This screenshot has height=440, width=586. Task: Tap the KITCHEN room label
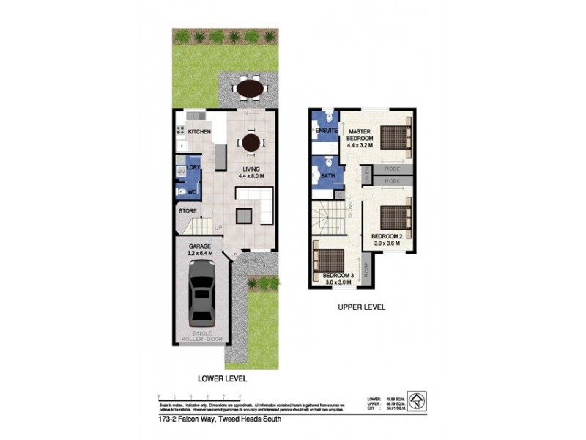pyautogui.click(x=199, y=131)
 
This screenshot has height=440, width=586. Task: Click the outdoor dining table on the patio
pyautogui.click(x=251, y=89)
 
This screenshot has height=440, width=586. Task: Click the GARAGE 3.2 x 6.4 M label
pyautogui.click(x=200, y=249)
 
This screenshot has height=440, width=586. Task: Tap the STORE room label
pyautogui.click(x=188, y=213)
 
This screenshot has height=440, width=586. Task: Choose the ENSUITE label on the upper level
pyautogui.click(x=325, y=131)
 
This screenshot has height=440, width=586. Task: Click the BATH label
pyautogui.click(x=327, y=176)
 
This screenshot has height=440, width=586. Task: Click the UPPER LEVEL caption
pyautogui.click(x=361, y=307)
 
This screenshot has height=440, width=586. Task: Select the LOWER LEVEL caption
pyautogui.click(x=222, y=379)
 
